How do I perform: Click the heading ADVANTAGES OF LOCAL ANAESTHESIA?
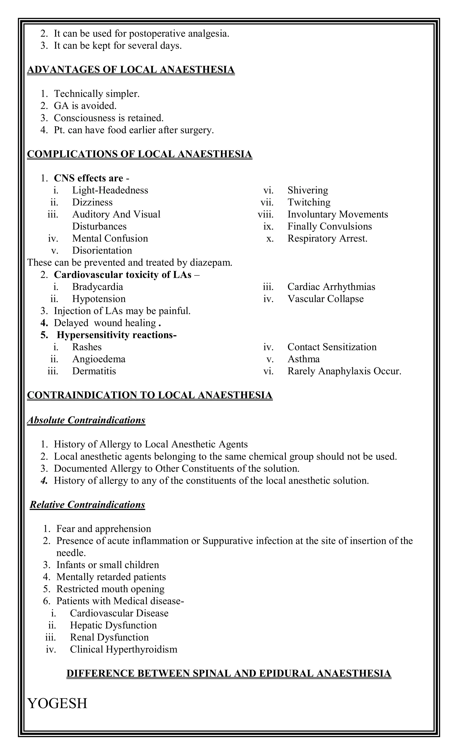click(x=131, y=70)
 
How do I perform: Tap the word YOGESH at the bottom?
click(x=57, y=703)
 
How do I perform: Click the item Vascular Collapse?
click(x=325, y=299)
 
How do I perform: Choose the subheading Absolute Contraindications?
click(x=86, y=420)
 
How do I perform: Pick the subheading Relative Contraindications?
click(x=87, y=505)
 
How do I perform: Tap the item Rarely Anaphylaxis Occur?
click(x=344, y=371)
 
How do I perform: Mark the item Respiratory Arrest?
click(x=327, y=238)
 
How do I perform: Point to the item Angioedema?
click(x=99, y=359)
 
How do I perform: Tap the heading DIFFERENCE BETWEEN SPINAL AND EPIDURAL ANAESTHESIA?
click(x=229, y=673)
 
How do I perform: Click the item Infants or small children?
click(x=108, y=565)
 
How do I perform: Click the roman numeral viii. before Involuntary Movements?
click(x=265, y=214)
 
